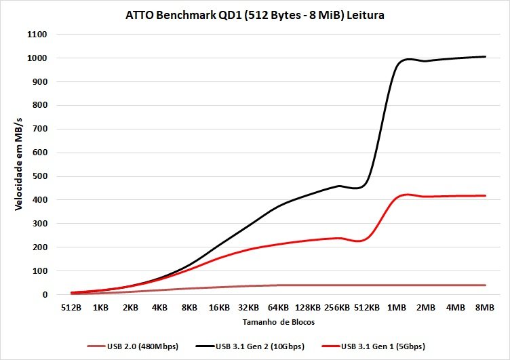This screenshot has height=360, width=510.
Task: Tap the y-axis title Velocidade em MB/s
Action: point(20,163)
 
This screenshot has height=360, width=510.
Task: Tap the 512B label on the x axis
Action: point(71,308)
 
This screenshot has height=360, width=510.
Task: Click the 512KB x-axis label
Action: point(367,308)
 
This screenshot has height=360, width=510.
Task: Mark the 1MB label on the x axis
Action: point(397,308)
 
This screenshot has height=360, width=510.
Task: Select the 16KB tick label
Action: point(219,308)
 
